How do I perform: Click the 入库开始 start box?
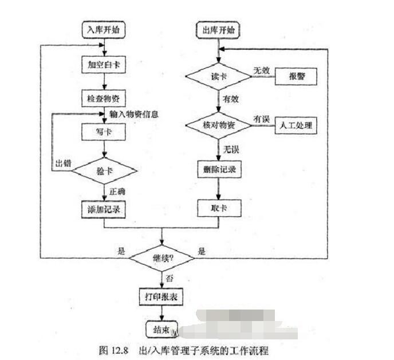(x=104, y=28)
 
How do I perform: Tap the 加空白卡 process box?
(x=103, y=64)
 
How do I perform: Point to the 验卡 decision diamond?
(x=104, y=170)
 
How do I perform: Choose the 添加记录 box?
(x=103, y=209)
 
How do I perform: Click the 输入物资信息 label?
(x=133, y=114)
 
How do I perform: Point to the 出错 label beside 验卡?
(x=62, y=162)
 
